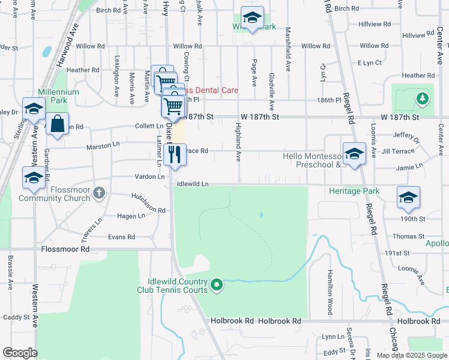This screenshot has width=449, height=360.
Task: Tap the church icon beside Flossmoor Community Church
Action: (x=100, y=193)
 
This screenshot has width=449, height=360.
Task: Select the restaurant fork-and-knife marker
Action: (x=175, y=155)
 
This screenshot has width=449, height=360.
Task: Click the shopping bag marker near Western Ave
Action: (x=57, y=125)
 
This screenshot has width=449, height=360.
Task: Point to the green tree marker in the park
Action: (x=423, y=98)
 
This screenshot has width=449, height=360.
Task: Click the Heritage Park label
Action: (x=354, y=191)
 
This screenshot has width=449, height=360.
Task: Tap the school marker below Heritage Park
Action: (x=408, y=198)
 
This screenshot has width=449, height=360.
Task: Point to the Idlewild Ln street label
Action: (x=193, y=184)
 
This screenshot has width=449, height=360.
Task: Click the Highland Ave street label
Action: (x=238, y=142)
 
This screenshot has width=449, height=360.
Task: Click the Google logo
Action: (x=20, y=353)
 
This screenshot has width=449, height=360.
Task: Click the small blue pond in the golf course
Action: (x=261, y=214)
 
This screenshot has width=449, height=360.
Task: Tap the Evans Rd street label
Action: (x=121, y=237)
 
